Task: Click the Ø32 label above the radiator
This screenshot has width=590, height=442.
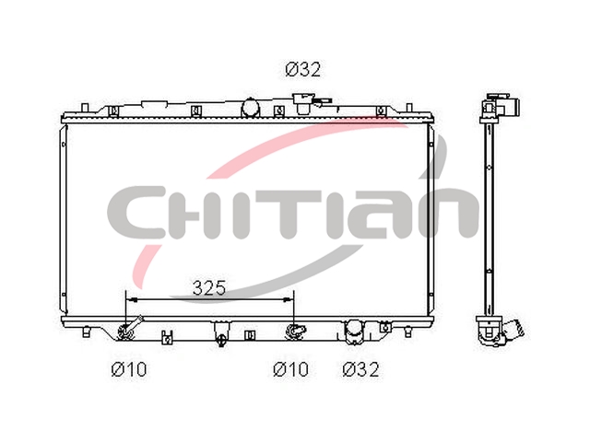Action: click(303, 70)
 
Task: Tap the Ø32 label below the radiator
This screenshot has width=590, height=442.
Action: click(360, 369)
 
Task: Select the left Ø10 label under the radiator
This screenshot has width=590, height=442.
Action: click(129, 369)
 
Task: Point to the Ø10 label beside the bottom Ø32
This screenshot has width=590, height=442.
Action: click(290, 369)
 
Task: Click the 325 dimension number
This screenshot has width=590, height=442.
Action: click(209, 288)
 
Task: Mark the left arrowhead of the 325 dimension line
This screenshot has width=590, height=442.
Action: click(131, 299)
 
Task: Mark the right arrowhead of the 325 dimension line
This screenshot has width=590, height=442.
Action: click(288, 299)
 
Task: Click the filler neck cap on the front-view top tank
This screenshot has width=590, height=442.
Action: click(303, 103)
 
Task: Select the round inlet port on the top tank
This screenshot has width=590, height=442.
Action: click(250, 107)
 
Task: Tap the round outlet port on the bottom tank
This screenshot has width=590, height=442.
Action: click(354, 331)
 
